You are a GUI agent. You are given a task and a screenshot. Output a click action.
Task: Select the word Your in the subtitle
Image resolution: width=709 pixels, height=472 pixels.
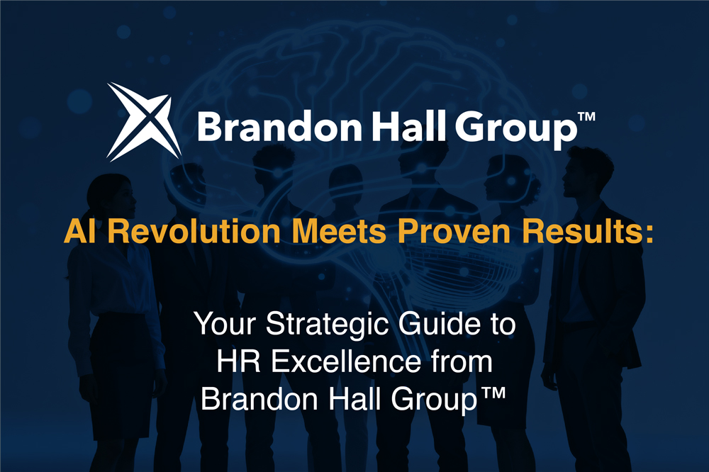[x=222, y=326]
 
